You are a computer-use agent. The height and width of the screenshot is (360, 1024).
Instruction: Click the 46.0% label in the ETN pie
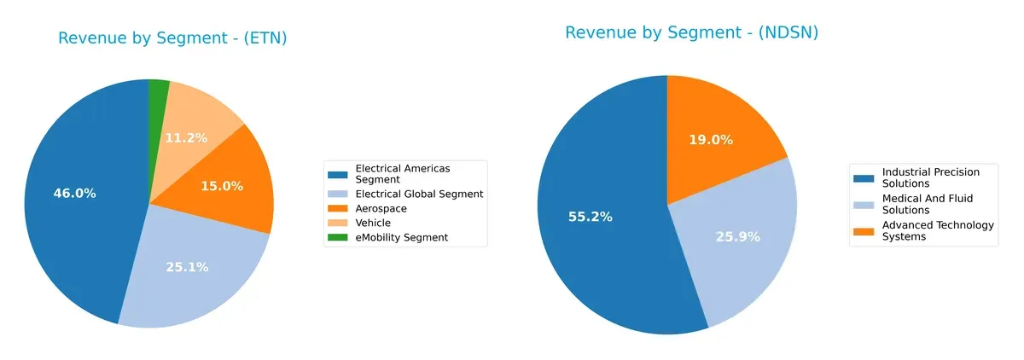tap(74, 194)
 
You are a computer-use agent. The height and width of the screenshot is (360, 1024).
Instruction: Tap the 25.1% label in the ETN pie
tap(187, 267)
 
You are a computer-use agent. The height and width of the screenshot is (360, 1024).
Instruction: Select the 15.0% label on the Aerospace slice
tap(222, 186)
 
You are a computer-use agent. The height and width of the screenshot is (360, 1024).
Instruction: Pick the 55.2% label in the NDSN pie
tap(591, 217)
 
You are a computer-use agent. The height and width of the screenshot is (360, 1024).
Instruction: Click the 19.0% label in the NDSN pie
tap(711, 140)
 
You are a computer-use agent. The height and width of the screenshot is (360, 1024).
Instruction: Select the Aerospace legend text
tap(381, 208)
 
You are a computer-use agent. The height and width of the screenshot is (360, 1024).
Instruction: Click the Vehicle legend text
tap(373, 223)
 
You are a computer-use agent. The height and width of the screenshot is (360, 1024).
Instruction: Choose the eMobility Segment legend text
tap(401, 237)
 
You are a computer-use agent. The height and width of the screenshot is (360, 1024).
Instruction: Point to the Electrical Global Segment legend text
tap(419, 194)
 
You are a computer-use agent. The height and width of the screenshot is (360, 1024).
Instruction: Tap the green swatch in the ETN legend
tap(338, 237)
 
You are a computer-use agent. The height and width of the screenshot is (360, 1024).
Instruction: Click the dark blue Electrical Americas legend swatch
tap(338, 174)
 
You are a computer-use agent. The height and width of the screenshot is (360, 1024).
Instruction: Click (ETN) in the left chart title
tap(265, 38)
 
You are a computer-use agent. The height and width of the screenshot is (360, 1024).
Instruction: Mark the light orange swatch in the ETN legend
tap(338, 223)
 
